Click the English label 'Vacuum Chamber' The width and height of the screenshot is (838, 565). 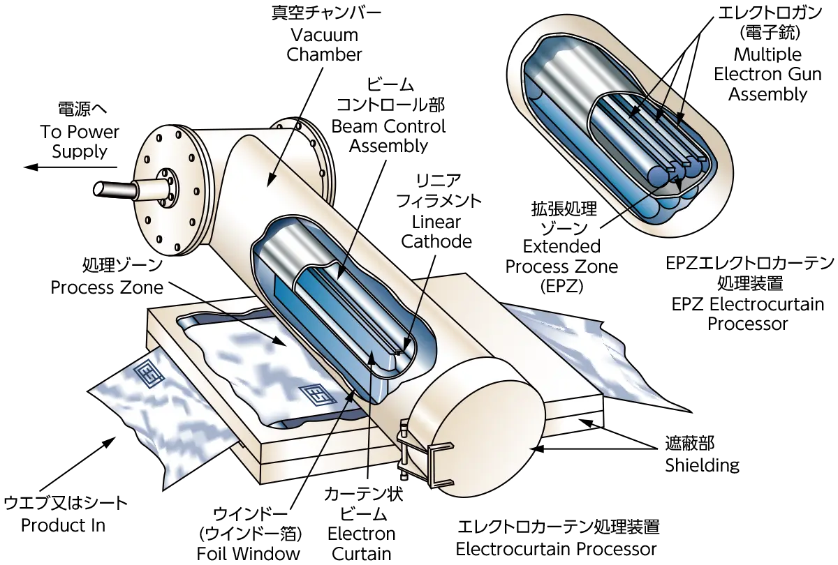pyautogui.click(x=324, y=45)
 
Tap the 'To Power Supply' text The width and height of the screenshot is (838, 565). pyautogui.click(x=80, y=142)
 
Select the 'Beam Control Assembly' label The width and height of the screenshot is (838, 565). pyautogui.click(x=388, y=136)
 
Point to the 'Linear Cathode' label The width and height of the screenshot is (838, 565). pyautogui.click(x=436, y=232)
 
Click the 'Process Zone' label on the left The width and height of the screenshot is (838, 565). pyautogui.click(x=107, y=287)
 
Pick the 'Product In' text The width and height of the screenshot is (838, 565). pyautogui.click(x=64, y=525)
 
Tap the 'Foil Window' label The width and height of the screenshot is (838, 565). pyautogui.click(x=249, y=554)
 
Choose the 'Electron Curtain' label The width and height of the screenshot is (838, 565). pyautogui.click(x=362, y=543)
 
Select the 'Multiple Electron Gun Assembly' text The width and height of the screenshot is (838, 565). pyautogui.click(x=767, y=75)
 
